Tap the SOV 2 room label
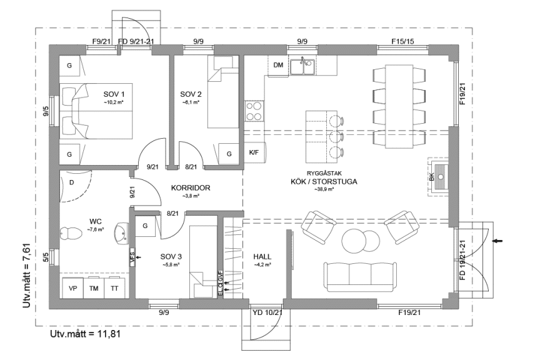coord(191,94)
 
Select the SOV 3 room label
coord(171,257)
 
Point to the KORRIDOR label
coord(191,187)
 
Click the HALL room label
coord(262,257)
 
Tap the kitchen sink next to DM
coord(306,66)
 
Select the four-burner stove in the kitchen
coord(254,111)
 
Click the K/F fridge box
coord(254,152)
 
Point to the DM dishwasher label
coord(278,65)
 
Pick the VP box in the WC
coord(72,289)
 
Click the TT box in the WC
coord(114,289)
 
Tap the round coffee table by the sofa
coord(355,241)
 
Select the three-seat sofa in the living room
coord(359,273)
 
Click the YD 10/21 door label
coord(267,312)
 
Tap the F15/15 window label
coord(402,42)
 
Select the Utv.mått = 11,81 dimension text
coord(85,334)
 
